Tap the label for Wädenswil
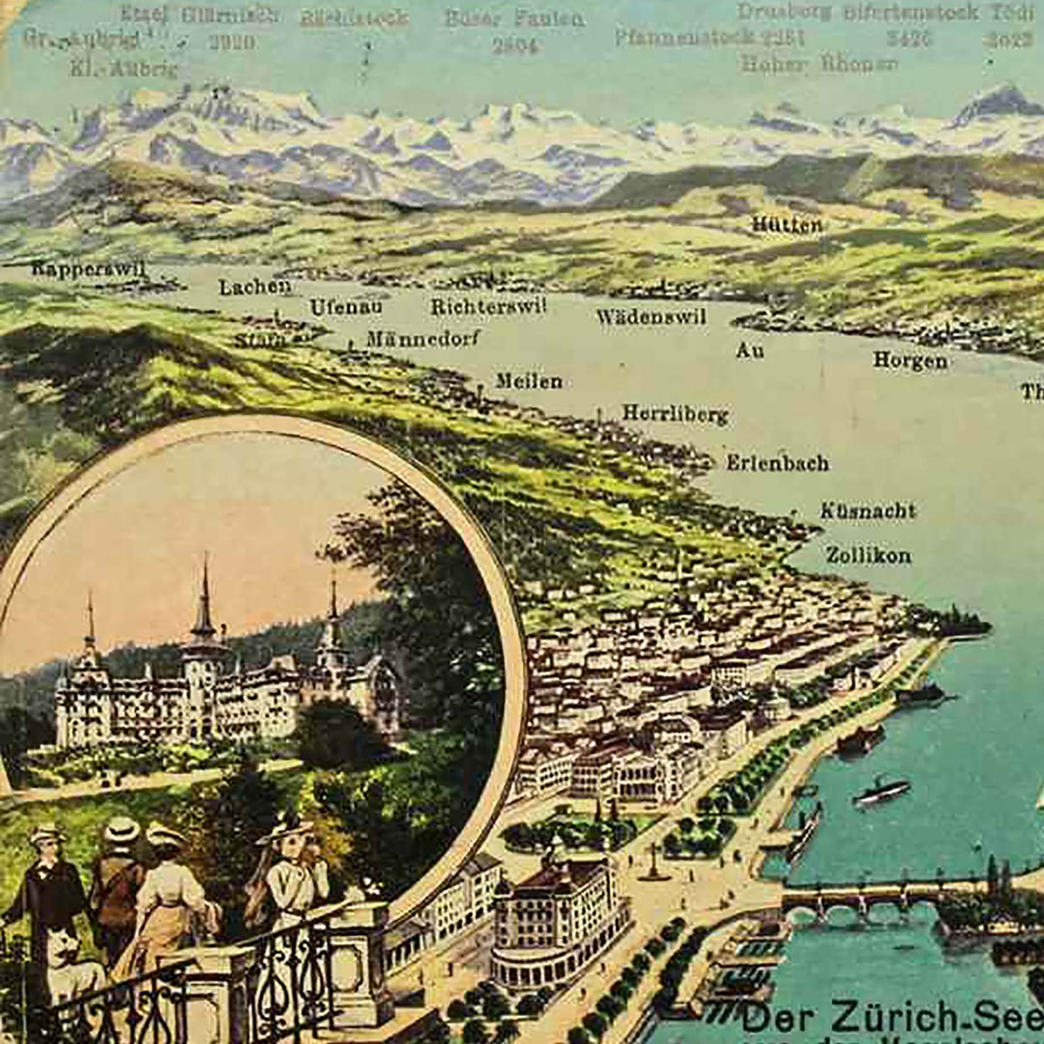(651, 316)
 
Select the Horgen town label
(910, 361)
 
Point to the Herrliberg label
(675, 414)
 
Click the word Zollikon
(868, 555)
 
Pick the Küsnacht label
(867, 510)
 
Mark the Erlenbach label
(777, 463)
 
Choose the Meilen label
(529, 381)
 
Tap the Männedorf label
(423, 338)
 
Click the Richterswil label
(488, 305)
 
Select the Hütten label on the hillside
(787, 224)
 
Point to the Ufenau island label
(346, 306)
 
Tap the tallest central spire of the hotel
(204, 599)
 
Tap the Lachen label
(254, 287)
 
